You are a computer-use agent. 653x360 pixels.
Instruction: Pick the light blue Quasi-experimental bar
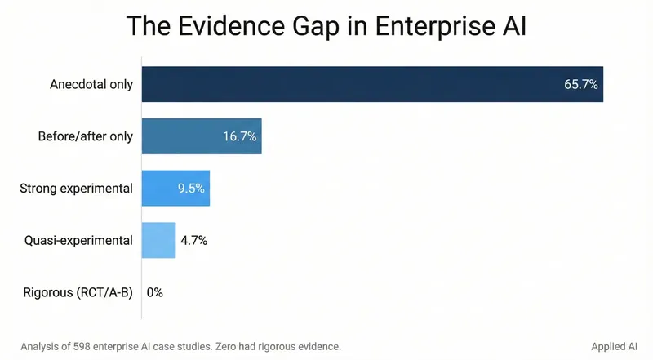point(158,240)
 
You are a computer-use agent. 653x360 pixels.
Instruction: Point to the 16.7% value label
point(239,136)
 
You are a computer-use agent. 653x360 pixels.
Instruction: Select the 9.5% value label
point(192,189)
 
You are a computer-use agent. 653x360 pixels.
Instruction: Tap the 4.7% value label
point(194,240)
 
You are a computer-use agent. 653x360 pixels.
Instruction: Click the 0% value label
point(155,292)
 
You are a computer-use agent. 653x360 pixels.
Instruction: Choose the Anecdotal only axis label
point(90,85)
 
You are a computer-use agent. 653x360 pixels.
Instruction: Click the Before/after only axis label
point(84,136)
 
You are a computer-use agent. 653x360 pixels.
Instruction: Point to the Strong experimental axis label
point(76,189)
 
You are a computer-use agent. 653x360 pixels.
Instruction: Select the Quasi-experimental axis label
point(79,240)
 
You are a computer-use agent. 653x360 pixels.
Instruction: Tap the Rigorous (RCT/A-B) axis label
point(79,292)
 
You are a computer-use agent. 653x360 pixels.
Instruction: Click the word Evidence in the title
point(236,27)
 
